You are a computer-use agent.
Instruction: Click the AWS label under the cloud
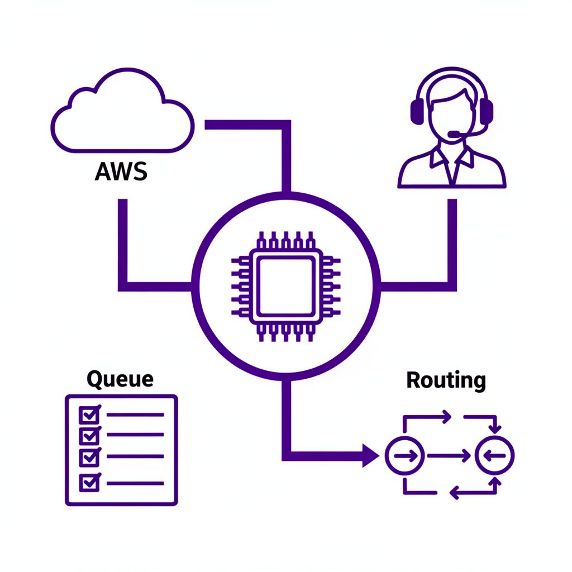[121, 171]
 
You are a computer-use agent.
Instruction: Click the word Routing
[446, 380]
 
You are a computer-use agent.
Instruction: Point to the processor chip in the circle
[286, 286]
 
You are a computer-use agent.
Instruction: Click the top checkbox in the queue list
[89, 414]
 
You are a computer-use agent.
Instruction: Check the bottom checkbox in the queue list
[89, 482]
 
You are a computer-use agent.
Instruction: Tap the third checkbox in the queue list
[89, 457]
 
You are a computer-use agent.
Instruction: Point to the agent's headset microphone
[455, 134]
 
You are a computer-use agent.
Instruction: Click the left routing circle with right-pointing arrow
[405, 455]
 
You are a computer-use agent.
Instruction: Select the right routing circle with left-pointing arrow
[494, 455]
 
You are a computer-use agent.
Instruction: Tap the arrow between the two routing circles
[450, 456]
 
